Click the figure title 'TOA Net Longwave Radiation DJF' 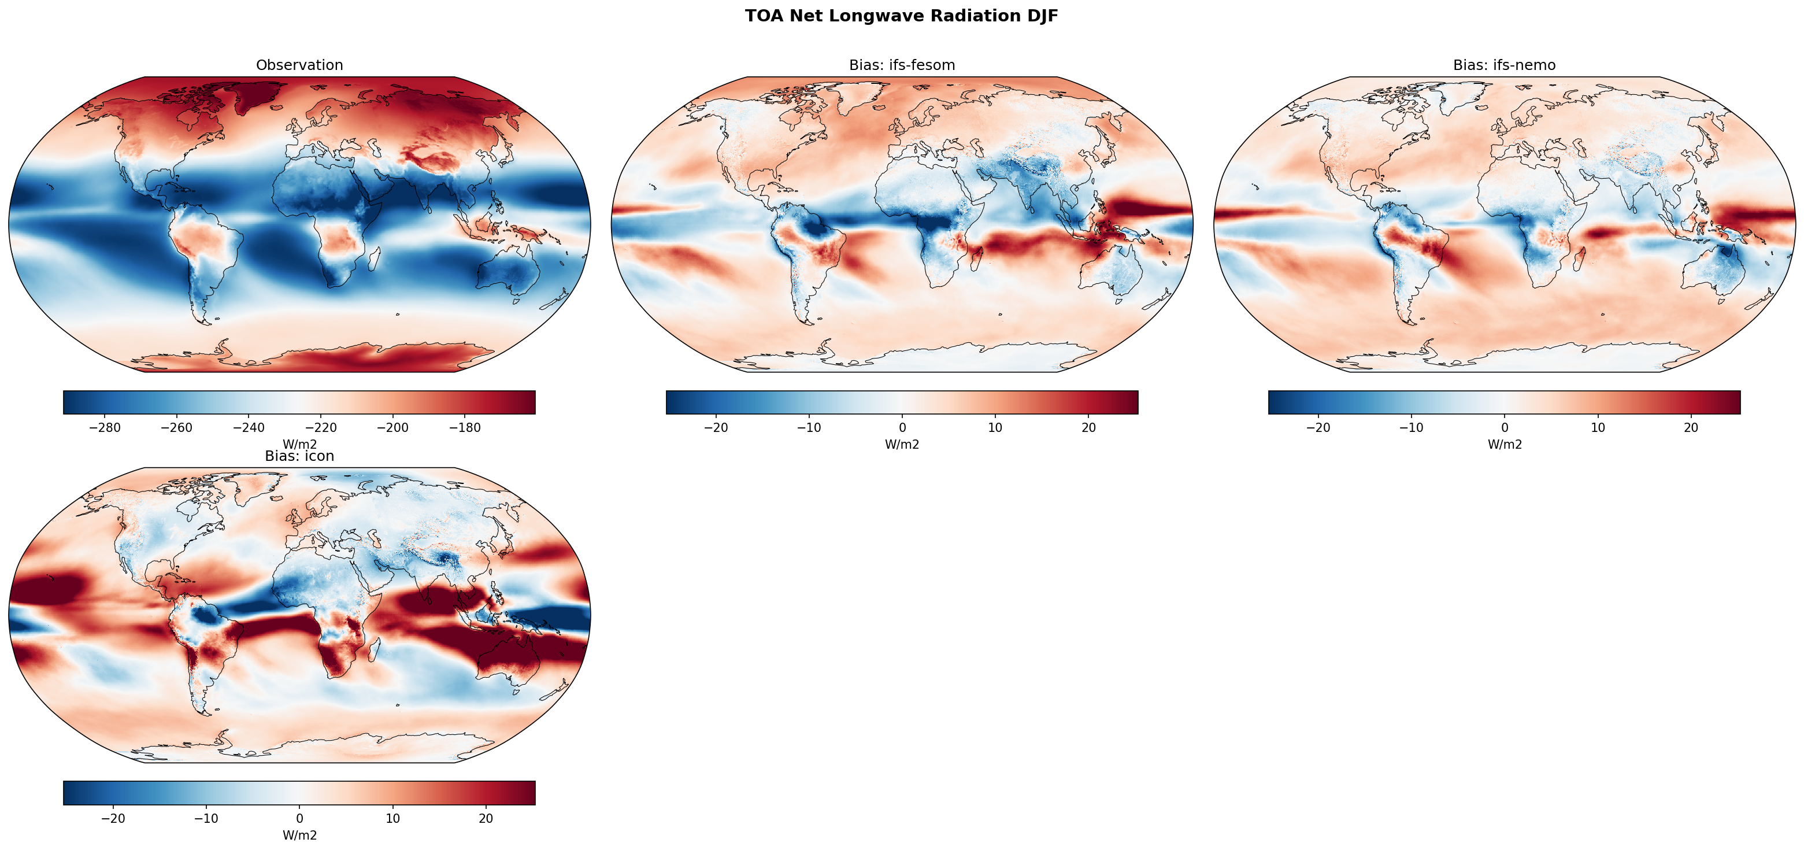coord(901,16)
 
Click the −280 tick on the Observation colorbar coord(105,427)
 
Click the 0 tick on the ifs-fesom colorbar coord(902,427)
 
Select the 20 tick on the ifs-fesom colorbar coord(1088,427)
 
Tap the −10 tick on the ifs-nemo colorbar coord(1411,427)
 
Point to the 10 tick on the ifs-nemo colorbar coord(1598,427)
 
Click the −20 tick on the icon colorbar coord(113,818)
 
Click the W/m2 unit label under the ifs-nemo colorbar coord(1504,444)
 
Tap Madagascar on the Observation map coord(374,258)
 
